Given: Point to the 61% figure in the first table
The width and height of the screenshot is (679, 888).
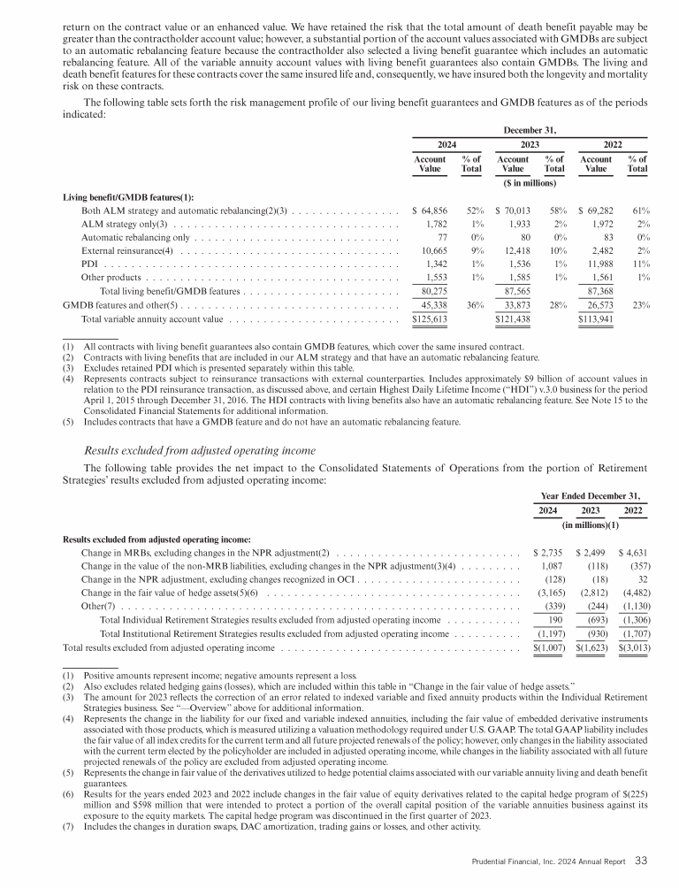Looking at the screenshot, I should point(642,212).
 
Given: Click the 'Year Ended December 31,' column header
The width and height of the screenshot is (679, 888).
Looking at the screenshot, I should point(588,494).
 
